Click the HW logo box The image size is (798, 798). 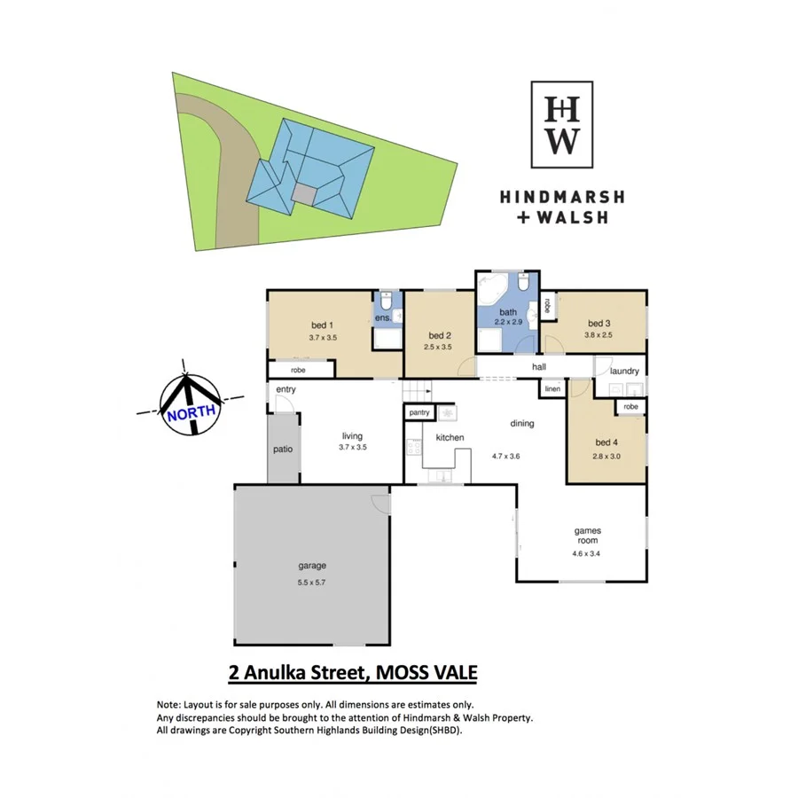[x=562, y=124]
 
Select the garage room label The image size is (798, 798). [x=311, y=565]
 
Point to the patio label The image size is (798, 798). [x=282, y=450]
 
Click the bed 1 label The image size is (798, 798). [x=323, y=325]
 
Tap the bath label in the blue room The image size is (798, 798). [x=508, y=312]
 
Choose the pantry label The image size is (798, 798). [x=419, y=413]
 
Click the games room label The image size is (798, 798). [x=588, y=536]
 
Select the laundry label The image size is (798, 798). [x=625, y=371]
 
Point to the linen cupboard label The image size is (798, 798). [x=552, y=389]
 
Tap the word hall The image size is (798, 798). [x=539, y=366]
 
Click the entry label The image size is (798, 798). [x=286, y=389]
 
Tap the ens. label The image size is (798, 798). [x=383, y=317]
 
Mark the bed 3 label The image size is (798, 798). [x=599, y=323]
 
